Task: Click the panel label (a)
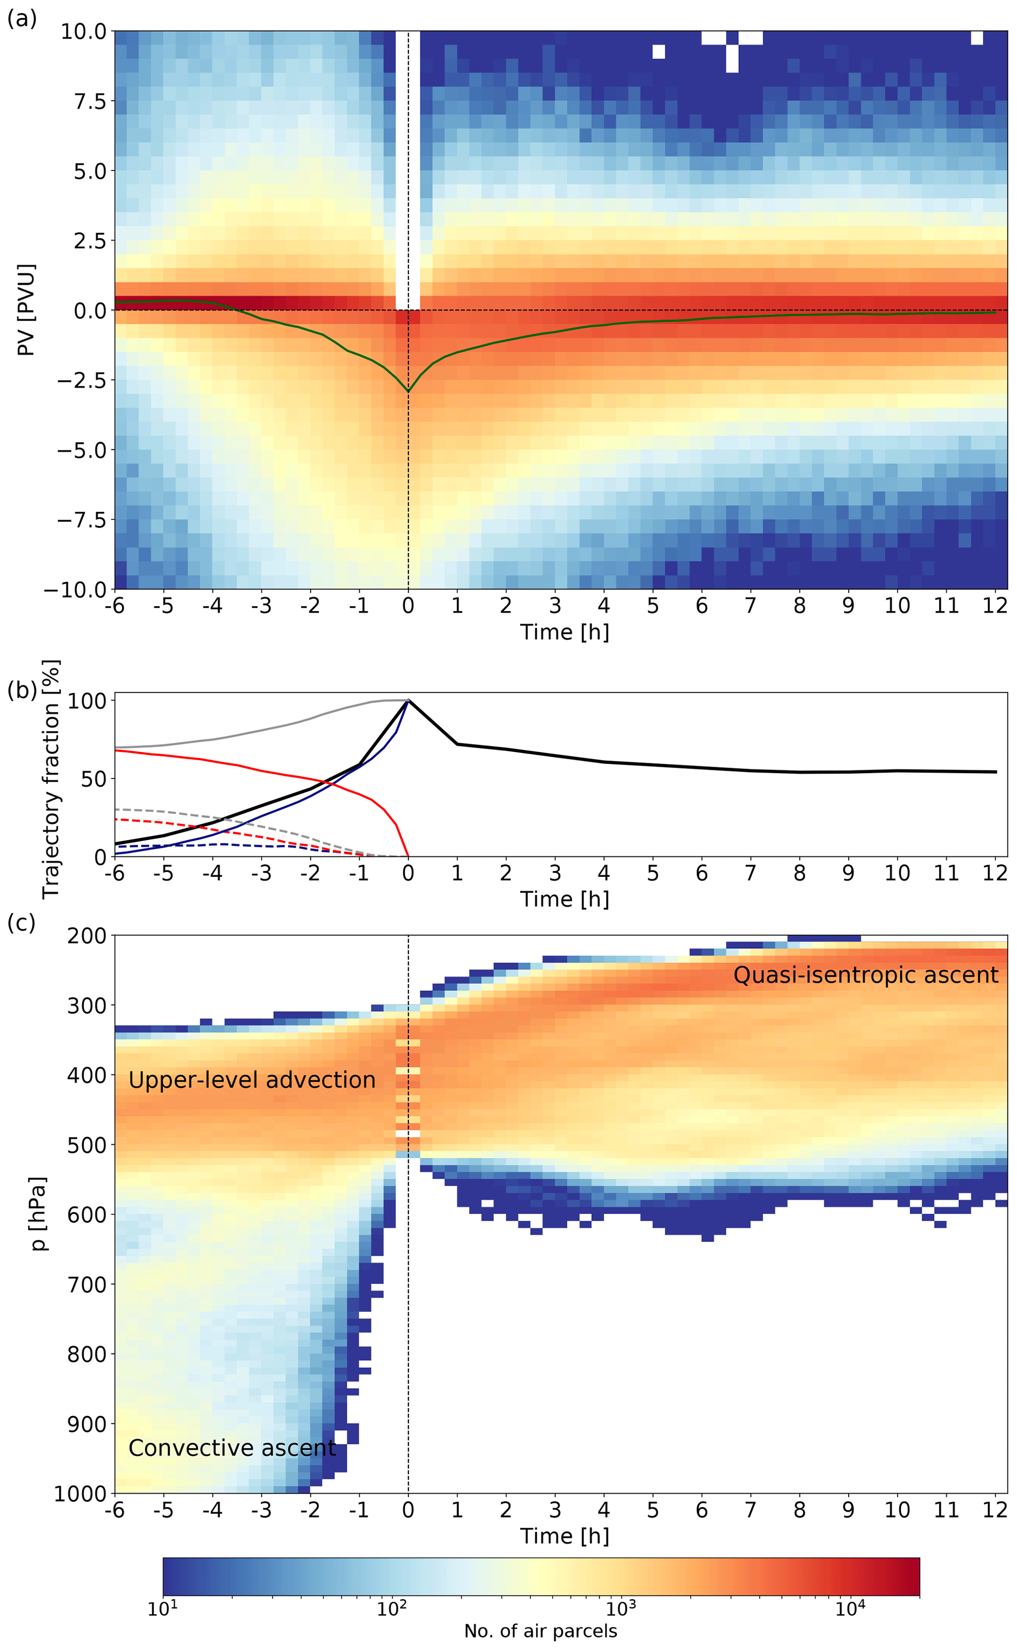pyautogui.click(x=22, y=18)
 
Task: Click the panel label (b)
pyautogui.click(x=22, y=690)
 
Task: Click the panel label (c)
pyautogui.click(x=22, y=922)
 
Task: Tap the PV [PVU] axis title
pyautogui.click(x=26, y=310)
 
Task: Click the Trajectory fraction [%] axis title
pyautogui.click(x=51, y=778)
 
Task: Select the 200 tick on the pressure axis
pyautogui.click(x=87, y=935)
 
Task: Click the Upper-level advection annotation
pyautogui.click(x=251, y=1080)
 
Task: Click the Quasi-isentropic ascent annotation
pyautogui.click(x=865, y=975)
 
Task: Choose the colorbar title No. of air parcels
pyautogui.click(x=540, y=1631)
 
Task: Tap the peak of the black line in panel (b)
pyautogui.click(x=407, y=700)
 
